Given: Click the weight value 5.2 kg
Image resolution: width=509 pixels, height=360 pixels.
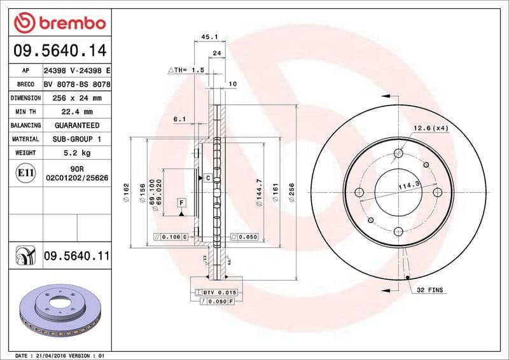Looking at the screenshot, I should coord(76,153).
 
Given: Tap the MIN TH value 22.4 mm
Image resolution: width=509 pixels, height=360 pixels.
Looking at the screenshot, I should coord(76,112).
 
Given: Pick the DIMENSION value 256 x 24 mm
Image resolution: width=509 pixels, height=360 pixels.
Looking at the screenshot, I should coord(76,99).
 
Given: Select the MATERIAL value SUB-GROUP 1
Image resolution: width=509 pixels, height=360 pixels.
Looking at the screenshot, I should coord(76,139).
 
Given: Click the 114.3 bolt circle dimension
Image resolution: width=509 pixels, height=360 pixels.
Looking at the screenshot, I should coord(408,185).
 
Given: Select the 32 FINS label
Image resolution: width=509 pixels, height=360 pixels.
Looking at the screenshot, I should coord(431,290).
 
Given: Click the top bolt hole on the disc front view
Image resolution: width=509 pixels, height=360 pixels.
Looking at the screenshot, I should coord(398,153).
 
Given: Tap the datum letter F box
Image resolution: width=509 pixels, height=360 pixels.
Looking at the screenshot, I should coord(181,203).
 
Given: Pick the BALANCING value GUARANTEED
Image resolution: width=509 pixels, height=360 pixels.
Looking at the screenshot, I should coord(76,126).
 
